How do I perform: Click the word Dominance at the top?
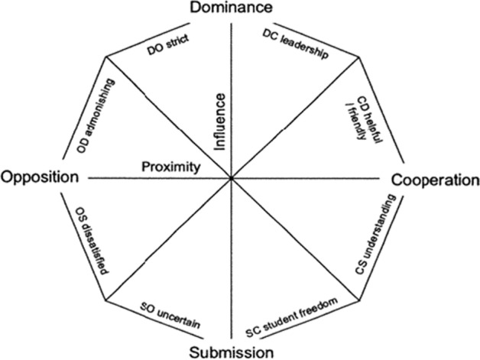tap(231, 8)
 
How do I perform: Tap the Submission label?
tap(232, 352)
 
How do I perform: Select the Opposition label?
tap(40, 178)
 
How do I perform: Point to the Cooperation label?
tap(435, 180)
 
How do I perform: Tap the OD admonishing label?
tap(92, 117)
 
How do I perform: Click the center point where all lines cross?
tap(231, 178)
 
